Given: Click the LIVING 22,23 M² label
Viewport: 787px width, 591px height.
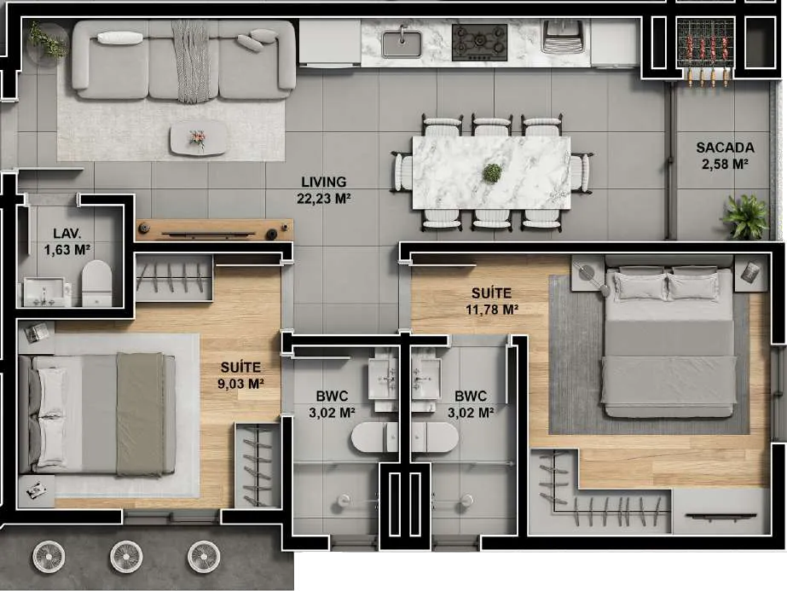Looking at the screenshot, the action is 324,190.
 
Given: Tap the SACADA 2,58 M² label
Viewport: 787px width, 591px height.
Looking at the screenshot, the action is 725,155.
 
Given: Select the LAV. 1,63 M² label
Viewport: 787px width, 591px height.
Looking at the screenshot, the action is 67,241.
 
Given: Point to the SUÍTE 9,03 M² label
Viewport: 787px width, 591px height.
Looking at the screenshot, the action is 240,375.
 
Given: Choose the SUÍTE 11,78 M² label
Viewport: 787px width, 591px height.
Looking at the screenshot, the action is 491,301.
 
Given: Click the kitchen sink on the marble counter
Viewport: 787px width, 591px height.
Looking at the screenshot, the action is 402,42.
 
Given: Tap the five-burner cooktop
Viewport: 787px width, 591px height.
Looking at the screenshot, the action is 479,42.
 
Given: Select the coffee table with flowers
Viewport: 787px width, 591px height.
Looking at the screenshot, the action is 198,137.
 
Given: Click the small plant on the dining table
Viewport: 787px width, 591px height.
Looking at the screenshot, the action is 492,173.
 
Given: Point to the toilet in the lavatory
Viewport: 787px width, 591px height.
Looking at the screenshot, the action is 97,283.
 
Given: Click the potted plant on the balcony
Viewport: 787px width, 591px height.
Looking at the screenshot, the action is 745,217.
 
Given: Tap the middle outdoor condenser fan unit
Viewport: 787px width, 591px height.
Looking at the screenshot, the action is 126,557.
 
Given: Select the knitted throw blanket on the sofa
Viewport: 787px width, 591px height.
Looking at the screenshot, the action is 191,61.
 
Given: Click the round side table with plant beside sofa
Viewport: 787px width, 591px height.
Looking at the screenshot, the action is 48,44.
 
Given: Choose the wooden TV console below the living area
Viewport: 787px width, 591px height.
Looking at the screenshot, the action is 214,230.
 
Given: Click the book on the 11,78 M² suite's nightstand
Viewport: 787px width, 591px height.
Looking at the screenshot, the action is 750,272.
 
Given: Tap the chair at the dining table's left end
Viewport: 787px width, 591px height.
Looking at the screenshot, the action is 402,172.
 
